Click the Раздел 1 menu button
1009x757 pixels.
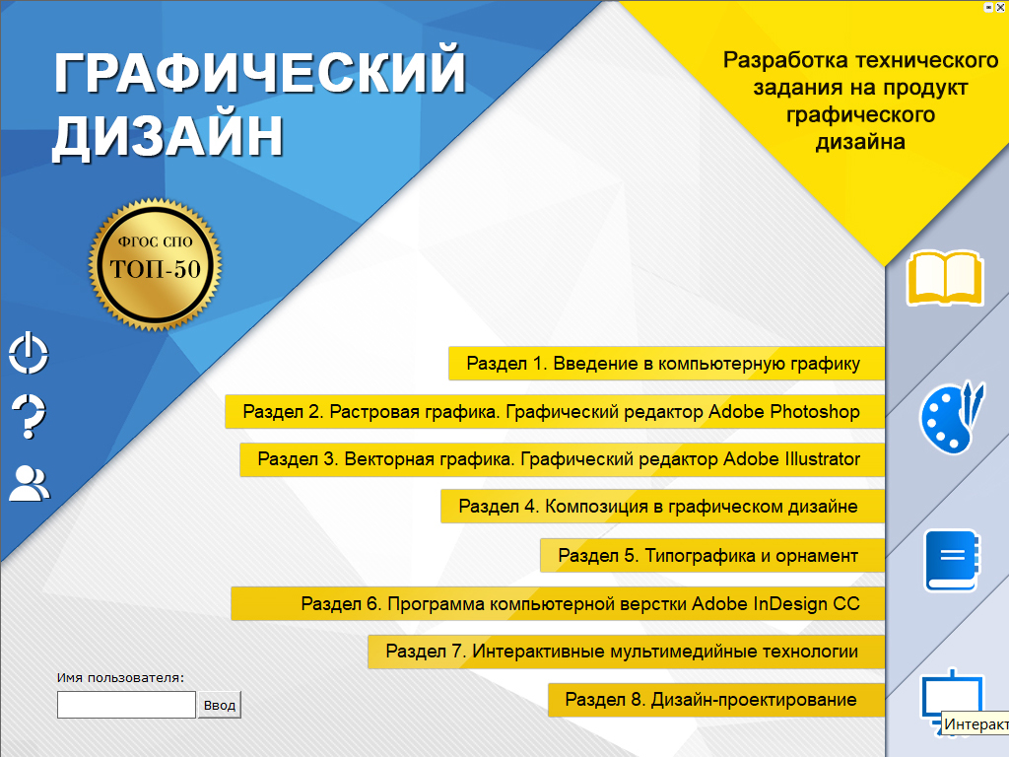tap(666, 363)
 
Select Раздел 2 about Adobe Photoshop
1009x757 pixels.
tap(555, 411)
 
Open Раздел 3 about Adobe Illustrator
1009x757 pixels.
tap(562, 459)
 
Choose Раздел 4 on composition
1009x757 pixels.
tap(662, 507)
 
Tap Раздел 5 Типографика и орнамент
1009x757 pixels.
tap(711, 556)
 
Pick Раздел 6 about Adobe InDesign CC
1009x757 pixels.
tap(558, 604)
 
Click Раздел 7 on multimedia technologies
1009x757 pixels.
tap(626, 652)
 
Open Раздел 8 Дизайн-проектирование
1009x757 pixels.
tap(716, 700)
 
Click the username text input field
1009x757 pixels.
tap(126, 705)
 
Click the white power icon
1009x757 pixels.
tap(29, 353)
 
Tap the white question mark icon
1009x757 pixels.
tap(29, 417)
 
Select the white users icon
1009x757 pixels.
tap(29, 483)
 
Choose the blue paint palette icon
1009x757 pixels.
tap(951, 417)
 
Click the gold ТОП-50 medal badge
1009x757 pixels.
tap(155, 264)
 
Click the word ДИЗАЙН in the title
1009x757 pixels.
tap(168, 136)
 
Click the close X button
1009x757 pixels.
tap(1000, 8)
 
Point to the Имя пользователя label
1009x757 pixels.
tap(120, 678)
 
